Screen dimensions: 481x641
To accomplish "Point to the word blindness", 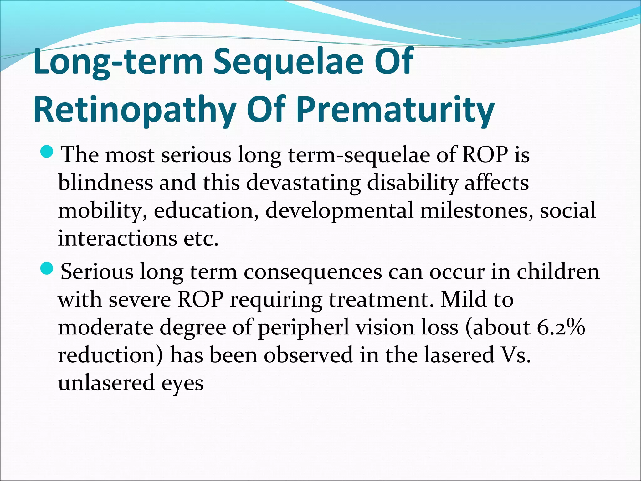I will point(105,183).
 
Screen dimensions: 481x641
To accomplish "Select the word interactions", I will point(117,238).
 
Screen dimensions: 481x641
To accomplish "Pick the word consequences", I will point(313,272).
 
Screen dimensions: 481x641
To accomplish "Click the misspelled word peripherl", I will point(303,328).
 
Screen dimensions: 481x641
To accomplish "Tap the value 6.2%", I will point(561,328).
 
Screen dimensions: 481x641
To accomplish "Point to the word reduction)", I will point(110,355).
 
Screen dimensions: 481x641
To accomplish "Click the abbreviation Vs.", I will point(514,355).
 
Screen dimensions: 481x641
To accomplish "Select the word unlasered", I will point(106,383).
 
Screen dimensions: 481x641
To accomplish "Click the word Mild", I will point(464,300).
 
